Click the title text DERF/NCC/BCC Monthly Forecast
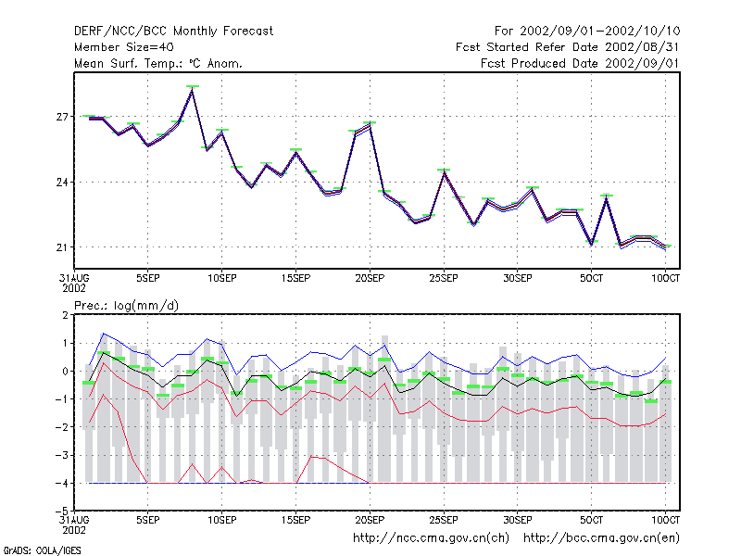coord(173,32)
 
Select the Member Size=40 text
coord(124,47)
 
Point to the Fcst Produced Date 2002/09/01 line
coord(580,63)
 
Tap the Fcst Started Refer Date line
coord(567,47)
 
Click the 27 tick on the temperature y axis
coord(62,117)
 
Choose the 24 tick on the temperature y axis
coord(62,182)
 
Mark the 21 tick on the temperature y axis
coord(62,247)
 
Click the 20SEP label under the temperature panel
coord(370,278)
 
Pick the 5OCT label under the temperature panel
coord(591,278)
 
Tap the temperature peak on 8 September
coord(193,89)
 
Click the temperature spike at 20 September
coord(370,126)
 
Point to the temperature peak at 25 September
coord(444,172)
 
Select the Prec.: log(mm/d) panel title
coord(126,306)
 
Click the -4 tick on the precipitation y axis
coord(62,483)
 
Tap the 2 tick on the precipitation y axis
coord(65,315)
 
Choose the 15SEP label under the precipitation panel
coord(295,520)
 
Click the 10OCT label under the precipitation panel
coord(665,520)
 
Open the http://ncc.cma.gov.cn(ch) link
coord(431,538)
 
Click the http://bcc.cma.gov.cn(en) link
coord(601,538)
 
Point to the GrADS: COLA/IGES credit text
coord(43,550)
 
